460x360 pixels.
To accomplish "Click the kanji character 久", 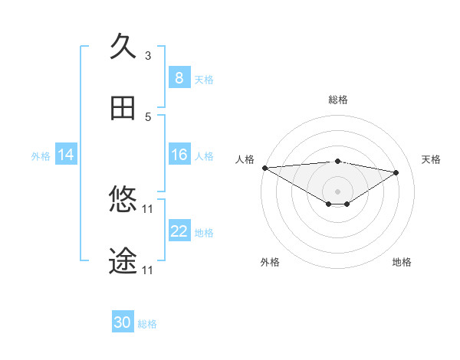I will point(123,47).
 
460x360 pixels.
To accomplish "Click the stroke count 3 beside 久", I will point(148,55).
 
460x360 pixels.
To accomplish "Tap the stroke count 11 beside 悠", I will point(149,209).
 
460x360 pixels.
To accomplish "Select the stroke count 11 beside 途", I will point(149,270).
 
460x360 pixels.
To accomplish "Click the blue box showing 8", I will point(179,78).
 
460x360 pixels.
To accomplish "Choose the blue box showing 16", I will point(179,155).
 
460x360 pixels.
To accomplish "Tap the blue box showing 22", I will point(179,231).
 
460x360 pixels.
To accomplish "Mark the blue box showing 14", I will point(66,155).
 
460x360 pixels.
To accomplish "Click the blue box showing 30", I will point(123,322).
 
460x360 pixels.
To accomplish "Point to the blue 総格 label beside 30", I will point(147,324).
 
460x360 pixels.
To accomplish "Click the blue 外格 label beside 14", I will point(41,156).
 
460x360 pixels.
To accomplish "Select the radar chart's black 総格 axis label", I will point(338,100).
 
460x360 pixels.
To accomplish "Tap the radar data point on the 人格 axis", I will point(264,168).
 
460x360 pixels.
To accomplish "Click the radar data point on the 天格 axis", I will point(396,172).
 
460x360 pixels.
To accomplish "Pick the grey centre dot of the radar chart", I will point(338,191).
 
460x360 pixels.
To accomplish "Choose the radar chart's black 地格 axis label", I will point(402,262).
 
